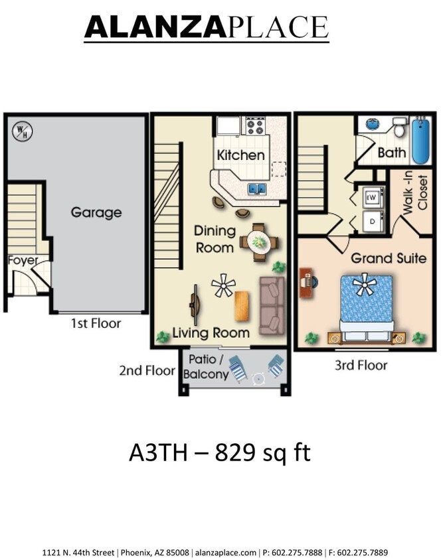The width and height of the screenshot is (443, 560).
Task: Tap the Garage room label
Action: point(97,212)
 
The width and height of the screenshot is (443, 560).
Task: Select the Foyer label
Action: point(23,260)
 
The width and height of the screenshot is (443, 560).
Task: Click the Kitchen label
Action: point(240,155)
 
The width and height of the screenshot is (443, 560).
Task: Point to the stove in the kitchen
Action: point(256,125)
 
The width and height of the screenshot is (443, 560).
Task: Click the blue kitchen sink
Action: point(257,189)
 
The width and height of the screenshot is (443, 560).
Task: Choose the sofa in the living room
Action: point(270,305)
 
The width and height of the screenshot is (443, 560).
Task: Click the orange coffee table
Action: point(243,306)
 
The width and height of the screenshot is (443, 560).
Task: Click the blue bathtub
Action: point(420,141)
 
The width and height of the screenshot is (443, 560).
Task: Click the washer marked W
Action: point(373,196)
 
